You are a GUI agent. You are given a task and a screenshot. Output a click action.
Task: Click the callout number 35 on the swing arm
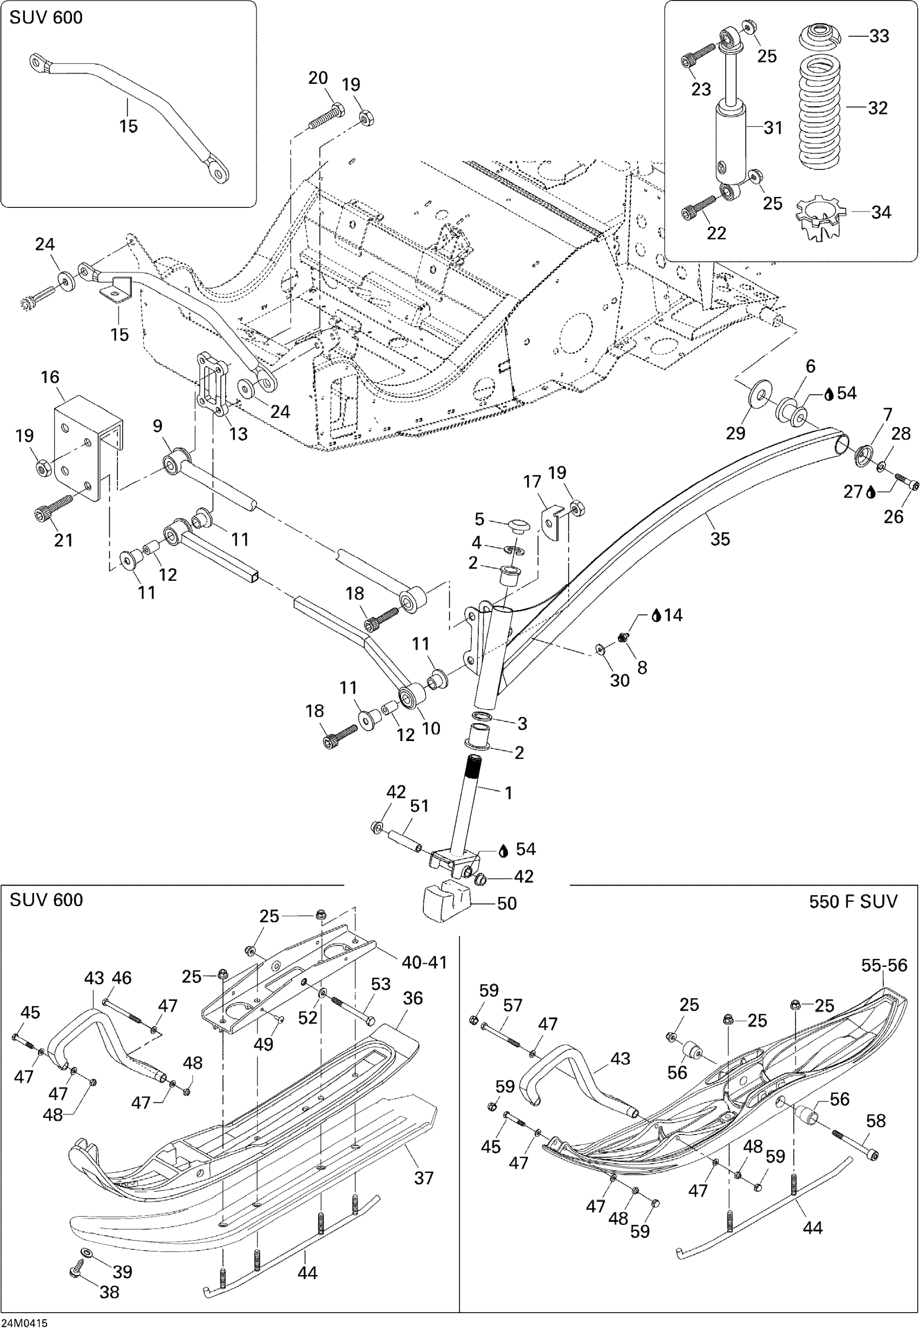[720, 539]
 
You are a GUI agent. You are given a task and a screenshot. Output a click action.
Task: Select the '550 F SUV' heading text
[853, 901]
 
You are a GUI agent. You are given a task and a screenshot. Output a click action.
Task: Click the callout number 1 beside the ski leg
[508, 793]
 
